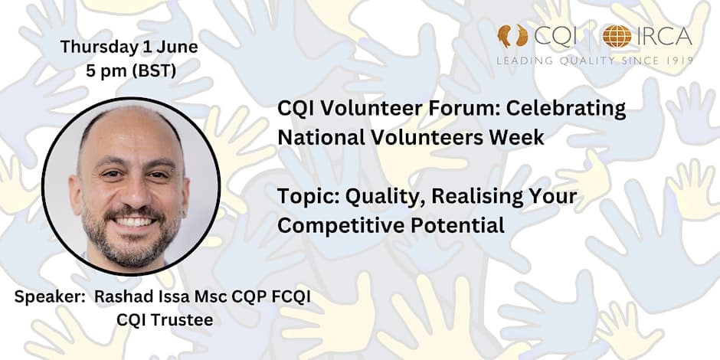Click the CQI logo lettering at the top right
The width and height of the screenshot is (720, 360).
click(x=555, y=37)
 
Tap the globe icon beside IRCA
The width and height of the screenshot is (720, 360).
click(x=617, y=36)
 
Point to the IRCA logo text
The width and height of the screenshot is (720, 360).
click(x=664, y=37)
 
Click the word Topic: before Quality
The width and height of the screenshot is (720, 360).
click(x=308, y=198)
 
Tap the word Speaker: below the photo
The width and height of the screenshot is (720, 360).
click(x=51, y=297)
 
